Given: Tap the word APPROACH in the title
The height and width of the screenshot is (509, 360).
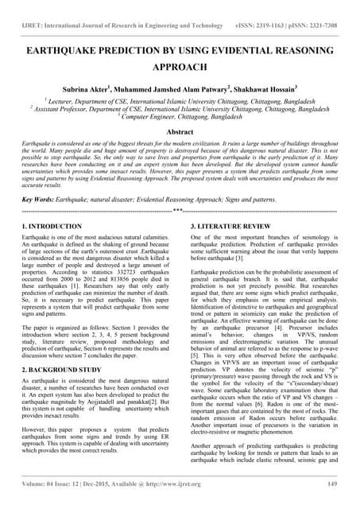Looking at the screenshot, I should click(180, 68).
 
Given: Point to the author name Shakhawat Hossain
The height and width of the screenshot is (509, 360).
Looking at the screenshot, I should click(261, 91).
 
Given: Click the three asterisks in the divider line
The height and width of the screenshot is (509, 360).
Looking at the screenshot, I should click(180, 212).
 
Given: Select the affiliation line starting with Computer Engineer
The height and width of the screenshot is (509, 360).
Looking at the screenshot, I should click(180, 115).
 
